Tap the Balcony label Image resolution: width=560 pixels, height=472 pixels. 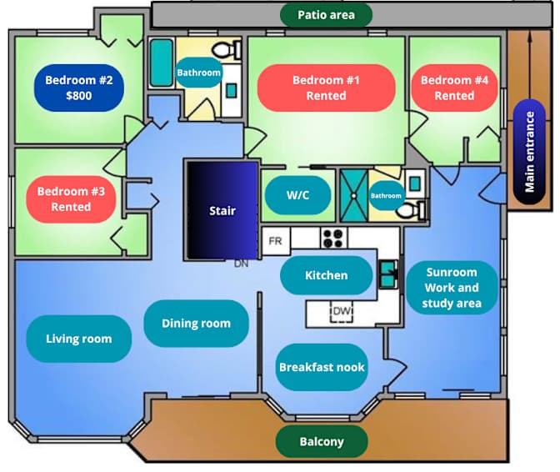point(321,441)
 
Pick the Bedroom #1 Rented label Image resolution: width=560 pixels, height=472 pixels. point(326,88)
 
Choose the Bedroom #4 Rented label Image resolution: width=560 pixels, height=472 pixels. point(454,88)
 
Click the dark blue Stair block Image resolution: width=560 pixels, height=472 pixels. point(221,210)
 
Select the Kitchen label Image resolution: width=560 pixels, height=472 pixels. point(326,275)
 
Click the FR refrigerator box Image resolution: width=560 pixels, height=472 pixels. point(275,241)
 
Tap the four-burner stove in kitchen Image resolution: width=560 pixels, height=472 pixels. point(334,239)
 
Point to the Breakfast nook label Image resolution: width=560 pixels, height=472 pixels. point(322,367)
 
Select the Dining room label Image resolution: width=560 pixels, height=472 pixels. point(196,324)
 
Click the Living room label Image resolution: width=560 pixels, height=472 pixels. point(78,338)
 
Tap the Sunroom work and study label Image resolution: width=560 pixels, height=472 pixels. point(451,288)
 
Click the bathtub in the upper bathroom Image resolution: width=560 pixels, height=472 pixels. point(161,63)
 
